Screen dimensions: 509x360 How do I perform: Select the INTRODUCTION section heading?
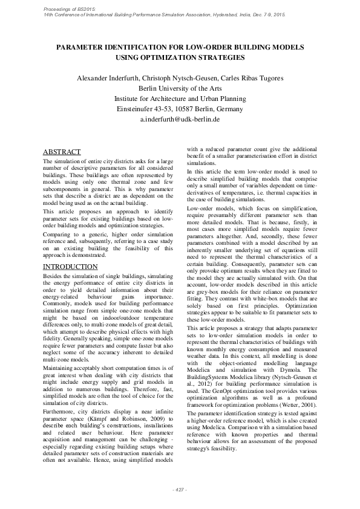71,266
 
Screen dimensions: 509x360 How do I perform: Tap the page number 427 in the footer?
180,488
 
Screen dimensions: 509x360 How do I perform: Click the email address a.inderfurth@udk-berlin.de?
180,120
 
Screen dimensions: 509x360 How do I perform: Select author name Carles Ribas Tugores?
252,79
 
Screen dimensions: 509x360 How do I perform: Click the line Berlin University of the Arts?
180,89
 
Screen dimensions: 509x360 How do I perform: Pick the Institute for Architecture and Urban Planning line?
180,99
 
